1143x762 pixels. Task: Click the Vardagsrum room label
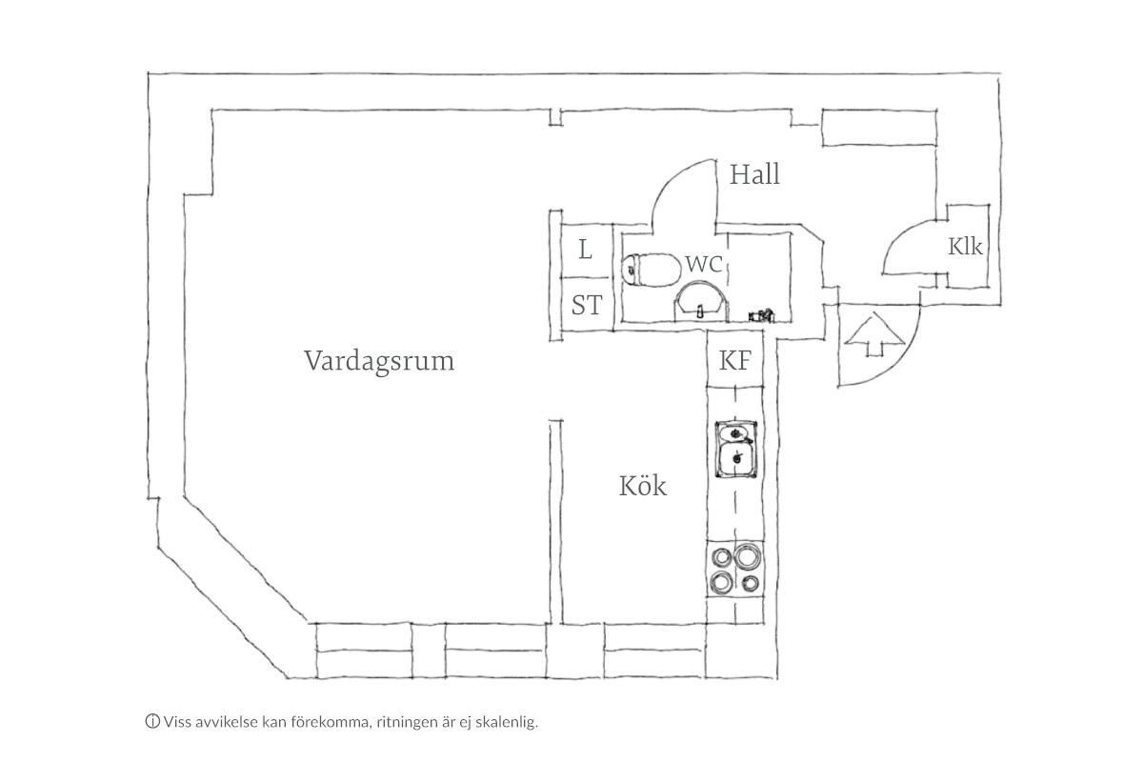coord(379,362)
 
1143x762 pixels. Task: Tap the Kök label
coord(643,487)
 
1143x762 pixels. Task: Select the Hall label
coord(754,175)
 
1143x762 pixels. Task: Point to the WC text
coord(703,264)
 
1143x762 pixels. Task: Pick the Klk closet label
coord(965,247)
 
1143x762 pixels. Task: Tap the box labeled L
coord(585,251)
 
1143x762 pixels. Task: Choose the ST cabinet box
coord(587,306)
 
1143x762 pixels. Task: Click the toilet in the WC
coord(648,270)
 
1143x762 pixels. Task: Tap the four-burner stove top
coord(735,569)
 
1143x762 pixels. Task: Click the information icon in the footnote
coord(151,721)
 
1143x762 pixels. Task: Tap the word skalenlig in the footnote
coord(509,722)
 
